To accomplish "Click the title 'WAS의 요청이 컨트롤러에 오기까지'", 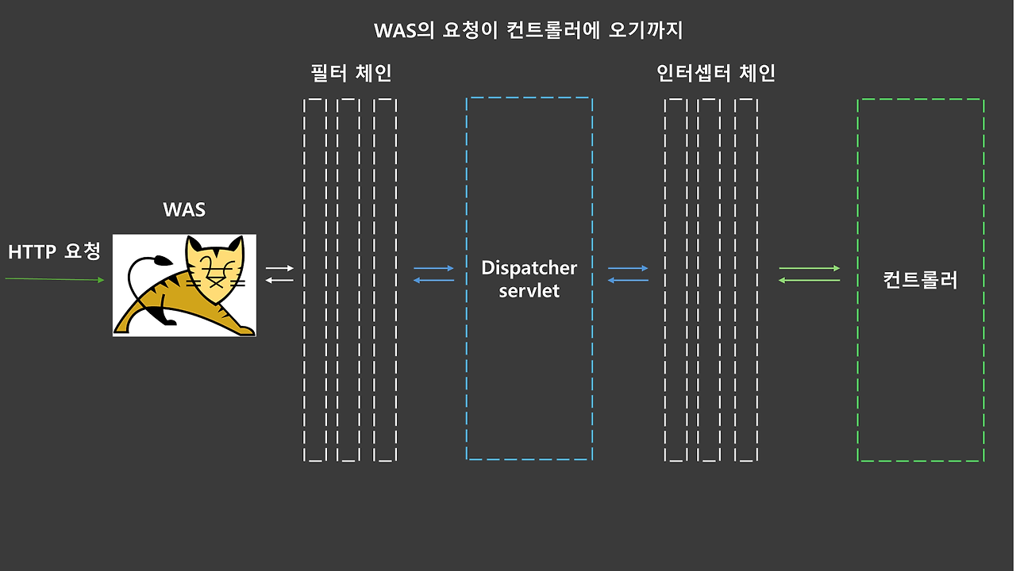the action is point(528,31).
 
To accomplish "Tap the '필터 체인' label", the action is point(351,74).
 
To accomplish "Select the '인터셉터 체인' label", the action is point(716,74).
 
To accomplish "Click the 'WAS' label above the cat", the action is point(184,210).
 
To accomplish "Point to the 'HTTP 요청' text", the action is point(55,252).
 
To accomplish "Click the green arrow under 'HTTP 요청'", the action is point(55,279).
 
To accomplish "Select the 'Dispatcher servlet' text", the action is point(529,279).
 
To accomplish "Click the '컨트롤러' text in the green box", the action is point(921,280).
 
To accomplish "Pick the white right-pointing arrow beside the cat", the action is point(279,268).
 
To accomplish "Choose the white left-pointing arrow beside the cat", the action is point(279,280).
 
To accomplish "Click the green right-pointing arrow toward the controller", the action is point(810,268).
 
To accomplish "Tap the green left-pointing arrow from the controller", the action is point(810,280).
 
